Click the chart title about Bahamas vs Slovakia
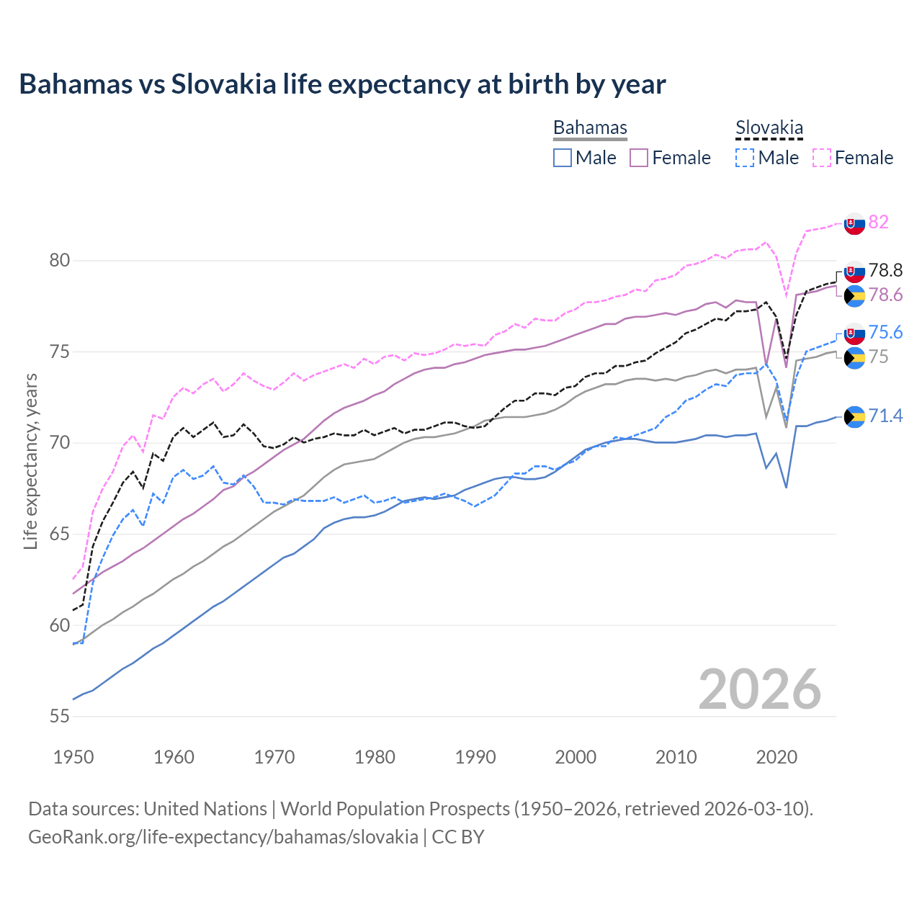342,84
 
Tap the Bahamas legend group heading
590,127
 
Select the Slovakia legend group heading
769,127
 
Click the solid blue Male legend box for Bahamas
563,158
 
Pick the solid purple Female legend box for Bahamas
639,158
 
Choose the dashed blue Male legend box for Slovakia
745,158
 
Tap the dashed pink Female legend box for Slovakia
822,158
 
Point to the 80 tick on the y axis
59,260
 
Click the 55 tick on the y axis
59,716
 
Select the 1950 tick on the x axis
73,757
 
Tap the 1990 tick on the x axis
475,757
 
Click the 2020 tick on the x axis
776,757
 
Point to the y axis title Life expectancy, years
30,461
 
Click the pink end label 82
878,222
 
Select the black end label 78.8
885,270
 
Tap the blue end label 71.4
885,416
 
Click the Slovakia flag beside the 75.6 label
854,334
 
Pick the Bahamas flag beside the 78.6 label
854,295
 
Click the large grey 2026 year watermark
759,689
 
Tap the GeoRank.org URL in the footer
223,836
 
